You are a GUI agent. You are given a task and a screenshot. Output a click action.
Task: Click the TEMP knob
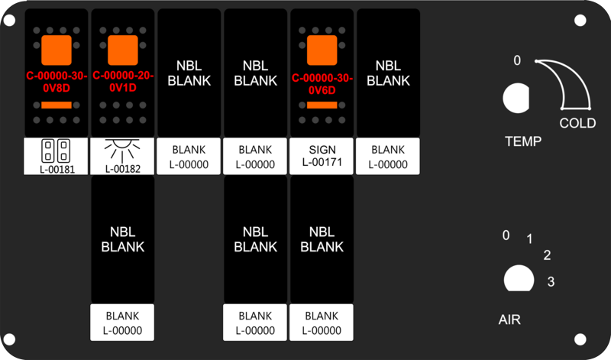click(516, 98)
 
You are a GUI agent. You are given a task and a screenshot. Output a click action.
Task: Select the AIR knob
click(519, 278)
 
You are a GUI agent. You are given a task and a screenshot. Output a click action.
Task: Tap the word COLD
click(577, 123)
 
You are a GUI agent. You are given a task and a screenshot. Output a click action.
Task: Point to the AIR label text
click(509, 319)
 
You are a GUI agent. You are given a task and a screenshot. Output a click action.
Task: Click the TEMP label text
click(523, 141)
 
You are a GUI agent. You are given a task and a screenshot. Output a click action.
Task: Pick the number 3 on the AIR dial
click(551, 281)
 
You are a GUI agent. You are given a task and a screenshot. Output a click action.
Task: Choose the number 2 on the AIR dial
click(547, 255)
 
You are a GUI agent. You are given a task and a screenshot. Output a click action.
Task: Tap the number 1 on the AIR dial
click(529, 238)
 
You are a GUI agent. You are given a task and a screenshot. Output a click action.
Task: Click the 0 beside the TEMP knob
click(517, 60)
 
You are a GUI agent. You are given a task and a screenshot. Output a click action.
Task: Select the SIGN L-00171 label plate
click(322, 156)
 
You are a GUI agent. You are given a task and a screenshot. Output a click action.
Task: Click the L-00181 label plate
click(56, 156)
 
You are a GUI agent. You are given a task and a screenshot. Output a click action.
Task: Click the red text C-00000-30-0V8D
click(57, 82)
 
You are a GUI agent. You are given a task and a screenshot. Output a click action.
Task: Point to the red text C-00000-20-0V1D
click(123, 82)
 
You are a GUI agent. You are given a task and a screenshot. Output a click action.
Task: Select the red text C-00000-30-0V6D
click(322, 84)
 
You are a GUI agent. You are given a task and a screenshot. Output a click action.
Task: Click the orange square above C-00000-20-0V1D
click(123, 50)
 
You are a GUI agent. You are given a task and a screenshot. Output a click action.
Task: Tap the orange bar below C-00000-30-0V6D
click(322, 105)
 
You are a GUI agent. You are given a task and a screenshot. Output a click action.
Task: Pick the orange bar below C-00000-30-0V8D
click(57, 105)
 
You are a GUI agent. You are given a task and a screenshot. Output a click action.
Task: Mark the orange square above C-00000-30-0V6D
click(322, 50)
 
